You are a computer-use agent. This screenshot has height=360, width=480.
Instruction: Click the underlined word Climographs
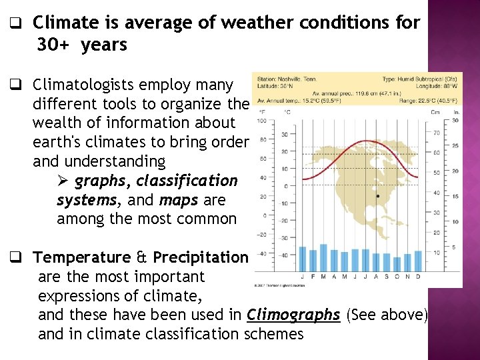click(x=293, y=315)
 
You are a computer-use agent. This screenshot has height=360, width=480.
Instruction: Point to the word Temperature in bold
click(x=82, y=257)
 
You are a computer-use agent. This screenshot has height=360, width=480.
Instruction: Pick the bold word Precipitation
click(x=200, y=257)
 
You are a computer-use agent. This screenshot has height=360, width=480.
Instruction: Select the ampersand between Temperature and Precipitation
click(x=141, y=257)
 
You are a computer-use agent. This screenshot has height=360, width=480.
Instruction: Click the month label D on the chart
click(x=417, y=276)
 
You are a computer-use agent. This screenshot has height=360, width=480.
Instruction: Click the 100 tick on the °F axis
click(x=261, y=121)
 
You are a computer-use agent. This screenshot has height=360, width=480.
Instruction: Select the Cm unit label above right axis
click(x=435, y=112)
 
